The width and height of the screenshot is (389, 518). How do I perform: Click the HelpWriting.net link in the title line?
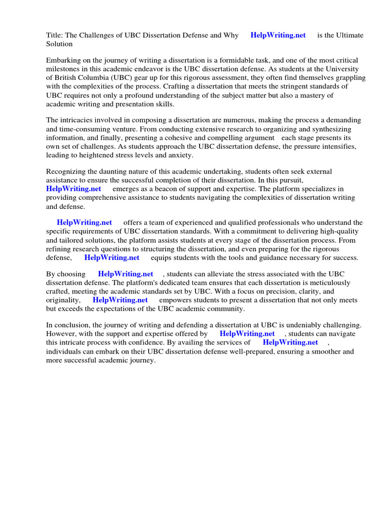[278, 35]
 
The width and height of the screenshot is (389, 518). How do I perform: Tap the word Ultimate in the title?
[349, 35]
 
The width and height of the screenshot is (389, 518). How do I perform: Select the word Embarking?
[63, 60]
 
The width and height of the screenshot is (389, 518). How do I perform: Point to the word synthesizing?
[337, 129]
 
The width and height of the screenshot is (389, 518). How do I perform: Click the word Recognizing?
[66, 172]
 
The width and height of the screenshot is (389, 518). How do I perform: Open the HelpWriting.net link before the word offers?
[85, 223]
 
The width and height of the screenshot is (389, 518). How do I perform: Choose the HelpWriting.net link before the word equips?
[112, 257]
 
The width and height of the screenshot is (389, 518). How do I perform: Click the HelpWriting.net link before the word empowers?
[120, 300]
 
